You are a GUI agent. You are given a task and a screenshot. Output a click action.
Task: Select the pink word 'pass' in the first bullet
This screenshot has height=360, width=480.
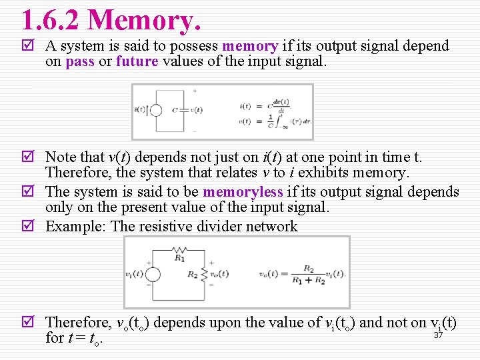[x=79, y=62]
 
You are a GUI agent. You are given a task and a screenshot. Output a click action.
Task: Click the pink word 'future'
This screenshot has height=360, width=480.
[x=137, y=62]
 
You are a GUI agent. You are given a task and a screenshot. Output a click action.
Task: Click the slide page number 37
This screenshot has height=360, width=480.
[x=438, y=335]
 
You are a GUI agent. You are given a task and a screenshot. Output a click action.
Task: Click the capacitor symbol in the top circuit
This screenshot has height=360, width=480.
[x=177, y=111]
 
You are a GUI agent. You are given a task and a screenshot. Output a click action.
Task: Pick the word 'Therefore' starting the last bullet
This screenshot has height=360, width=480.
[x=76, y=323]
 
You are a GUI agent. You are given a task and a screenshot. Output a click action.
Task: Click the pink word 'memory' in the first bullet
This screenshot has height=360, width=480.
[x=249, y=46]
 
